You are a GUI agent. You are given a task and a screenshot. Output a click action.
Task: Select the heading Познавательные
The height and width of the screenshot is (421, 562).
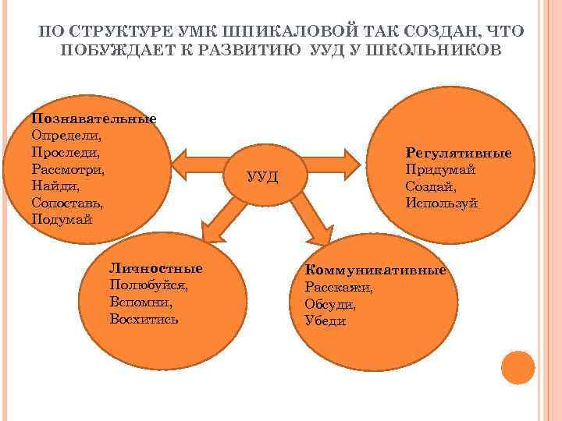[94, 119]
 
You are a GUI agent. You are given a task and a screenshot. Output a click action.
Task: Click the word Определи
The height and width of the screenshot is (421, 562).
[62, 136]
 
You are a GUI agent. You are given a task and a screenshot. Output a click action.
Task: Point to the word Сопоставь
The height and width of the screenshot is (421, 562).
[67, 202]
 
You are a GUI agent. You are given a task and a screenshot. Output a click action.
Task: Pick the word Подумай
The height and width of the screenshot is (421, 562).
[62, 219]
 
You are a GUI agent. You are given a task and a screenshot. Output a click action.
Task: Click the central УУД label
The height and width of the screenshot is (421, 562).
[261, 176]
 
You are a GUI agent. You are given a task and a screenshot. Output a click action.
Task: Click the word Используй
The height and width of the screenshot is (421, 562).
[442, 203]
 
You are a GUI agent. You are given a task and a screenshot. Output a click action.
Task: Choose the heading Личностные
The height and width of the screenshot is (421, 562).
[156, 268]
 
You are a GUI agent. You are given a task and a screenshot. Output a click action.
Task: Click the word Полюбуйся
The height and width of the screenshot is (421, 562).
[150, 285]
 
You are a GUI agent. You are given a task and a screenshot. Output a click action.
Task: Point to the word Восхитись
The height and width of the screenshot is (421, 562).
[144, 319]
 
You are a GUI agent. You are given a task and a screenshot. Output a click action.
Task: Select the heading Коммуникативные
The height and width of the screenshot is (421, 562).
[375, 270]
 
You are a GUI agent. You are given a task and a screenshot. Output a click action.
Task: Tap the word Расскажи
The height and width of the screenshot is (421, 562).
[339, 287]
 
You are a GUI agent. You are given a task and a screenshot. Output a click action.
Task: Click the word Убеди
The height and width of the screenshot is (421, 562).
[325, 321]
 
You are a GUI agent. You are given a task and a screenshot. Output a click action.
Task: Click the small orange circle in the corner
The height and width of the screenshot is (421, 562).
[518, 368]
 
